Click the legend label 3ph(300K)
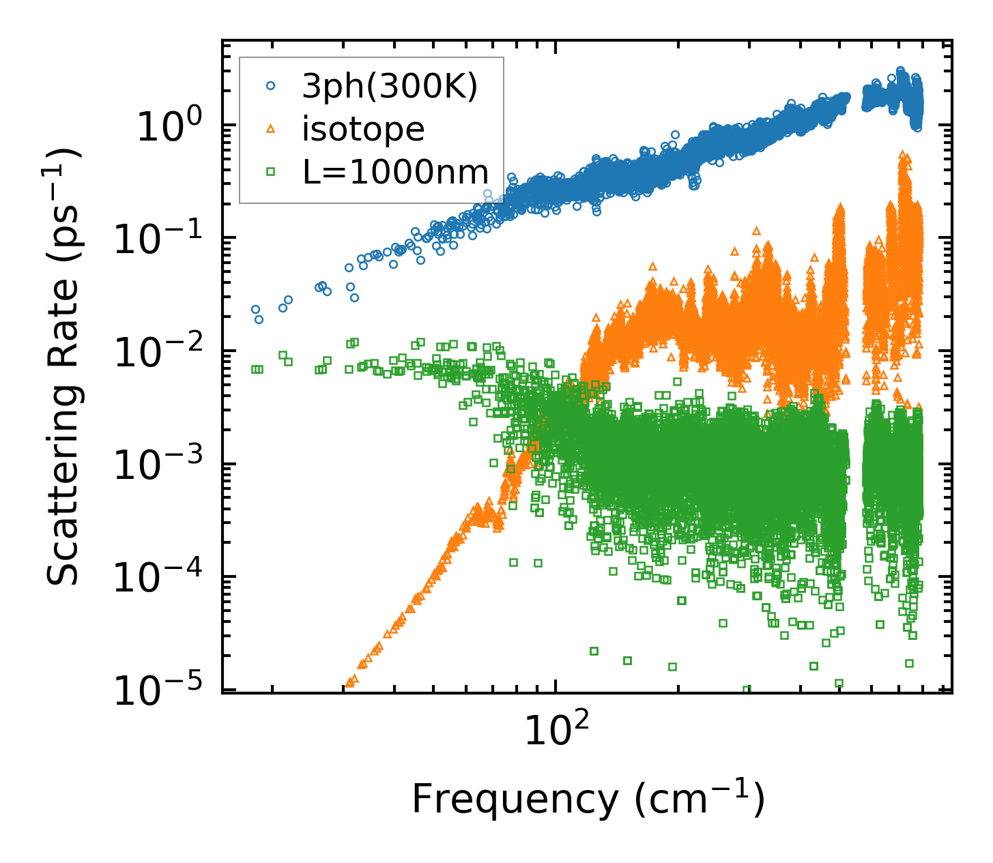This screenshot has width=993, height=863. pos(390,86)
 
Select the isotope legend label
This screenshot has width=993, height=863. pos(363,129)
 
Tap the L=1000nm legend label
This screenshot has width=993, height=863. pos(396,173)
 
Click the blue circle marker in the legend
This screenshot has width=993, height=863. pos(270,86)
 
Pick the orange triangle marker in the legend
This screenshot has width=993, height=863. pos(270,129)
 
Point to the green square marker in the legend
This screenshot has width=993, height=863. pos(270,173)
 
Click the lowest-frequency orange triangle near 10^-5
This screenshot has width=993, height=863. pos(350,682)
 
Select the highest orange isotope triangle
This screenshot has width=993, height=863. pos(902,154)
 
